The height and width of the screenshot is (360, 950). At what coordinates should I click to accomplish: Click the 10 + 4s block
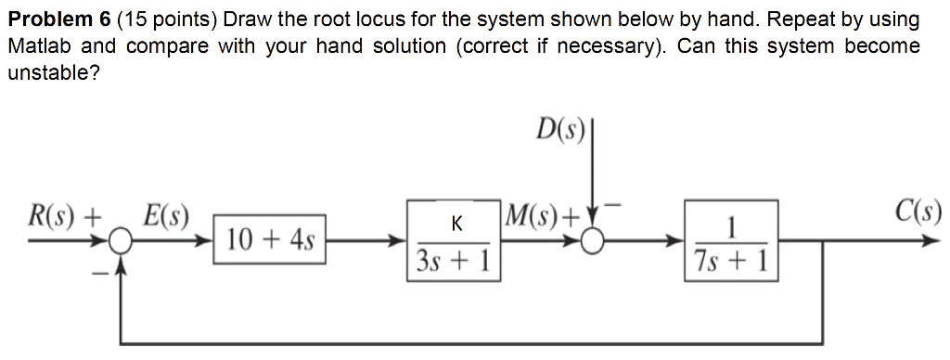(270, 240)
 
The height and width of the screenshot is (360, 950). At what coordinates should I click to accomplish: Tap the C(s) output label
(918, 213)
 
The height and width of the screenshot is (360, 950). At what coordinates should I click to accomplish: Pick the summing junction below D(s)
(591, 241)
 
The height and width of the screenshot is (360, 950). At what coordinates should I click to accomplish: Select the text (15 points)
(165, 19)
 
